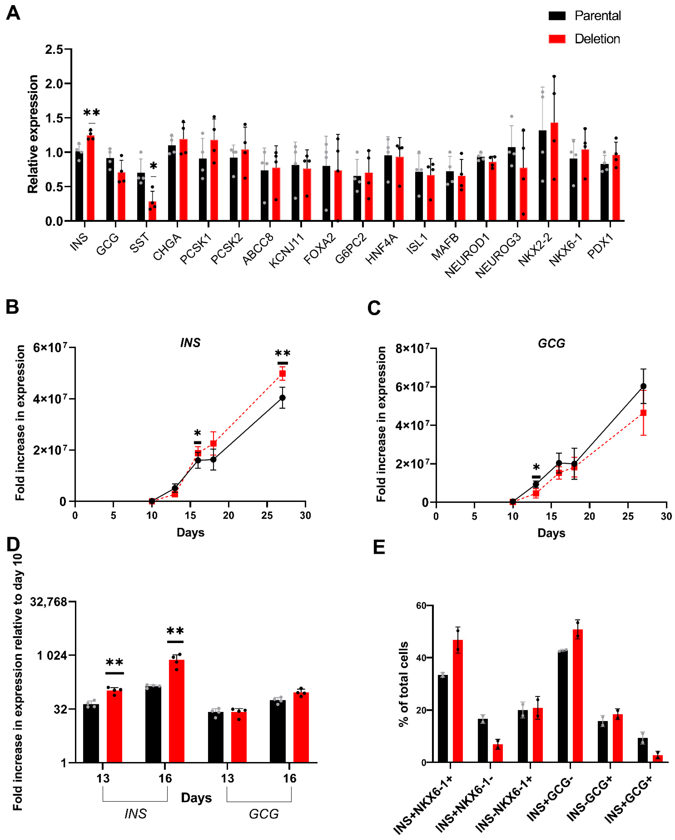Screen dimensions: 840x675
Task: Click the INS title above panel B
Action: pos(190,343)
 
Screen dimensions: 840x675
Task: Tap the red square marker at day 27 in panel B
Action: pos(283,374)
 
